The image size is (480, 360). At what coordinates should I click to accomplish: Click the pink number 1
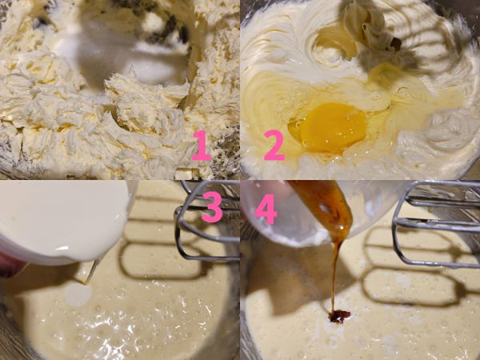click(201, 146)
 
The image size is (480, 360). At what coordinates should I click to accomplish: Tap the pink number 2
click(274, 146)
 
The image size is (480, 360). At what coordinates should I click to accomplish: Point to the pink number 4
click(265, 207)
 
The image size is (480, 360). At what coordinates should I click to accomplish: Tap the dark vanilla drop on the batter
click(339, 316)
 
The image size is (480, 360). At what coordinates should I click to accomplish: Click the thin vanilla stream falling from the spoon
click(334, 272)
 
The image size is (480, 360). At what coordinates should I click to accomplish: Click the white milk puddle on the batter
click(78, 295)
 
